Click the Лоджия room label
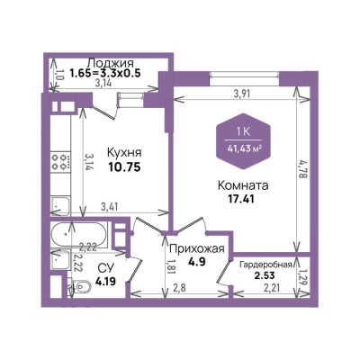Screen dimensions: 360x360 110,63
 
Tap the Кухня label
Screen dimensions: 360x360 124,153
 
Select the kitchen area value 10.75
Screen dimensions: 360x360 124,167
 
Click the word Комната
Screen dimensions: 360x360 243,185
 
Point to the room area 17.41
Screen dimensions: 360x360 241,199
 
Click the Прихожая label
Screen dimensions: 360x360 197,249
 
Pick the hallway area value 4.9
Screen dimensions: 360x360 197,262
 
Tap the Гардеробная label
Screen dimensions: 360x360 265,265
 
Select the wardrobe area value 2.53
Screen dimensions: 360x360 265,275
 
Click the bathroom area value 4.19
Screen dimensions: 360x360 105,282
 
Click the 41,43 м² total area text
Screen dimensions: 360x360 244,148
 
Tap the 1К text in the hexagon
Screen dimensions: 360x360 243,132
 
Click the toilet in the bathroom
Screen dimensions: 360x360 79,287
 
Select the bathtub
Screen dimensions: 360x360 78,235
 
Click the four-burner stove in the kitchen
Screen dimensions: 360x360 61,162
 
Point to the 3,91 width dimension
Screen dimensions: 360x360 242,94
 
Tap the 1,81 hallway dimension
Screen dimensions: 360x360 171,267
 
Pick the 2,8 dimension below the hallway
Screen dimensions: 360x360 180,288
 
